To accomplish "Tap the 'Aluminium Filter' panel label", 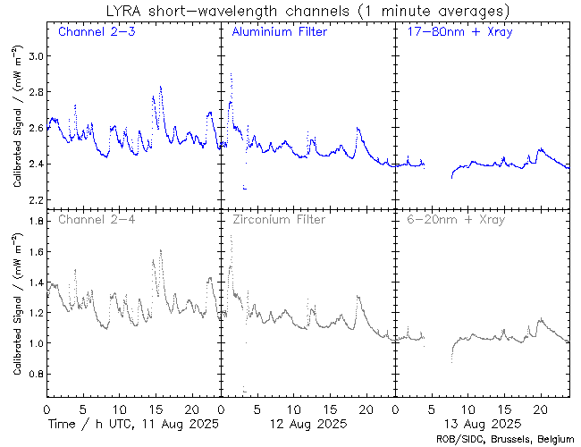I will click(x=279, y=33).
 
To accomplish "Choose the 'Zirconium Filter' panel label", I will click(x=278, y=219).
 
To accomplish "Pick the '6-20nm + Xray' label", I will click(x=456, y=219).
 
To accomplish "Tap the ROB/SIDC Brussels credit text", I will click(x=504, y=438).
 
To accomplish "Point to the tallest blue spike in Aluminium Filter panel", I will click(x=231, y=74).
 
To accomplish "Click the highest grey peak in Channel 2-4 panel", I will click(x=160, y=250).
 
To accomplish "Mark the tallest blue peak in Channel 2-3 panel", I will click(x=160, y=87).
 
